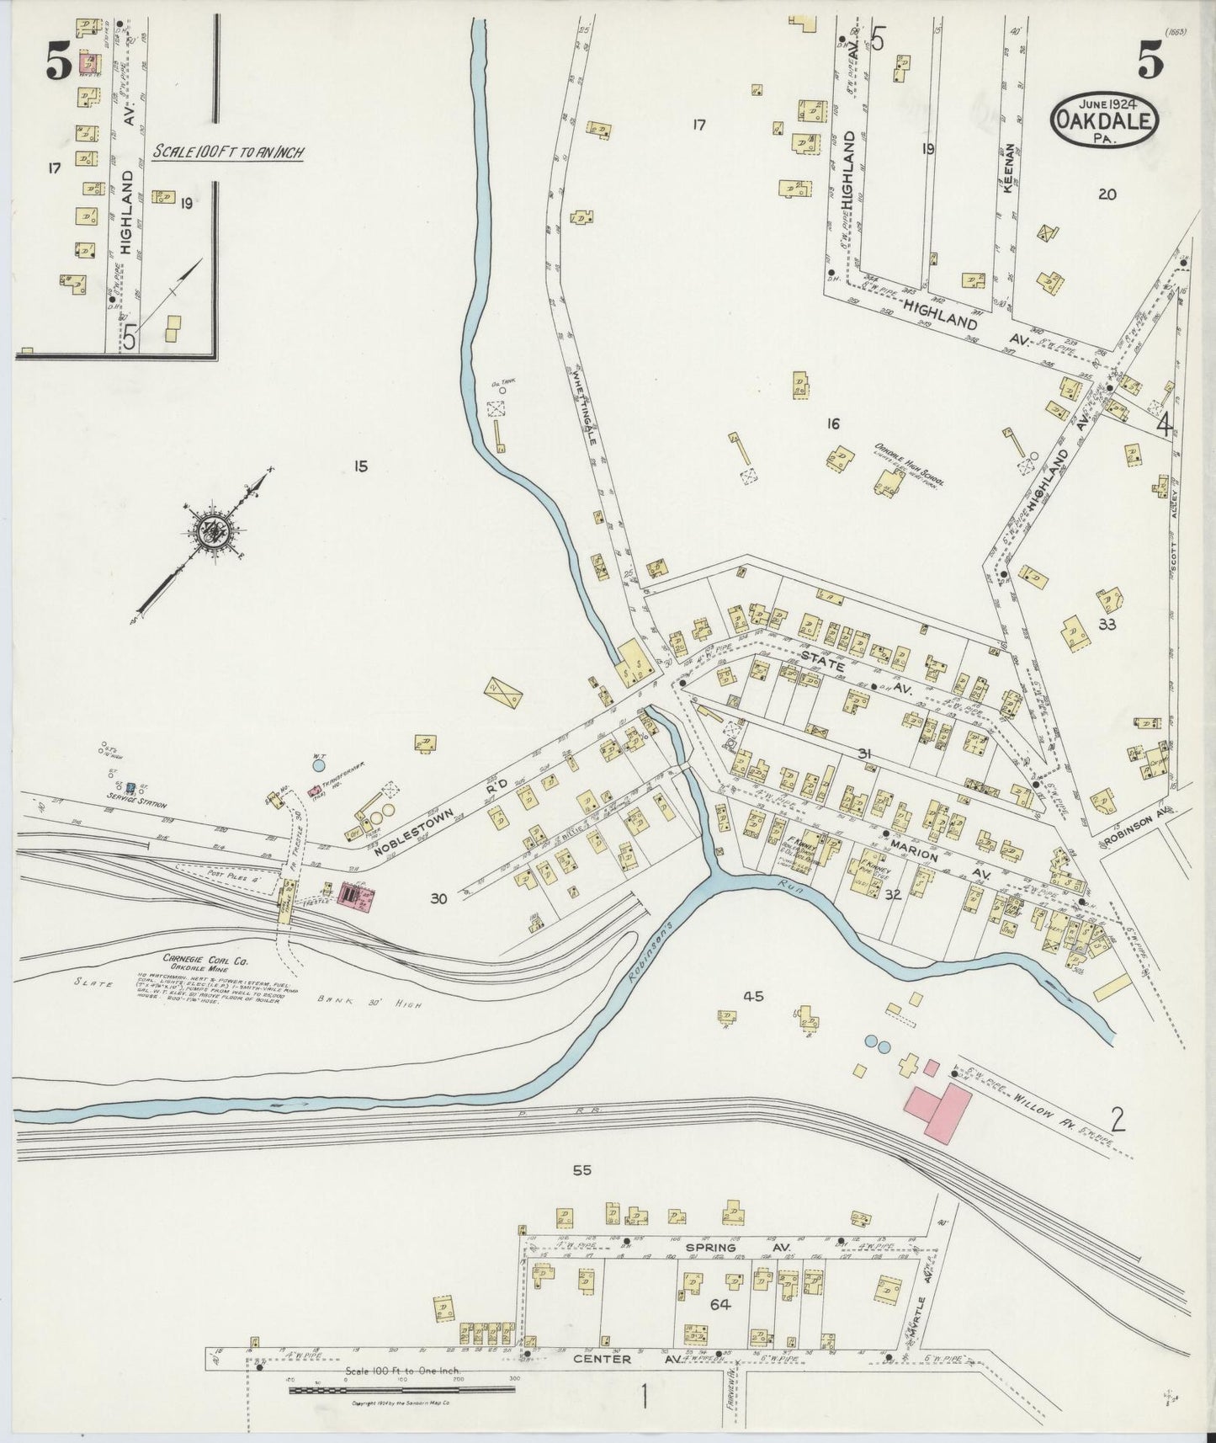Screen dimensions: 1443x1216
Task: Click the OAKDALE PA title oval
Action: [x=1104, y=120]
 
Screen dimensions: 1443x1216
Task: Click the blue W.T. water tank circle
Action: [x=318, y=766]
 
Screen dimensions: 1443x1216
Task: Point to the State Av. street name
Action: [x=840, y=671]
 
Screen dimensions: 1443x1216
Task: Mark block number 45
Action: [x=752, y=997]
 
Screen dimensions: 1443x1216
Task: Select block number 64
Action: [x=720, y=1305]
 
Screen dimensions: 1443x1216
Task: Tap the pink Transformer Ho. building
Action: [x=316, y=791]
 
